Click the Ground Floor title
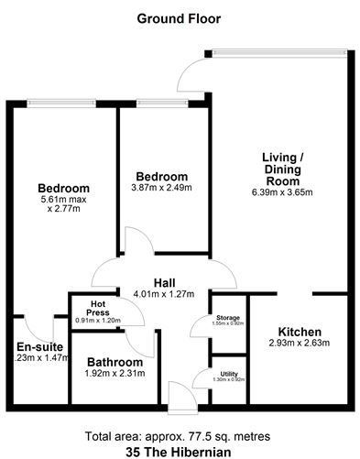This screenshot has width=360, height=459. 179,17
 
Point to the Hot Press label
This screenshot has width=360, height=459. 97,304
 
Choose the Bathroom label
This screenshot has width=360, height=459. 113,362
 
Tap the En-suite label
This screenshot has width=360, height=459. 37,346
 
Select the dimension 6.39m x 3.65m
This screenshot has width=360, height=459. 281,192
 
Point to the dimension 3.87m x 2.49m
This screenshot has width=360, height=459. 162,189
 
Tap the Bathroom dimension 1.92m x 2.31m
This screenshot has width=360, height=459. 113,374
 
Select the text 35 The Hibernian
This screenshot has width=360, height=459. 179,451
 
